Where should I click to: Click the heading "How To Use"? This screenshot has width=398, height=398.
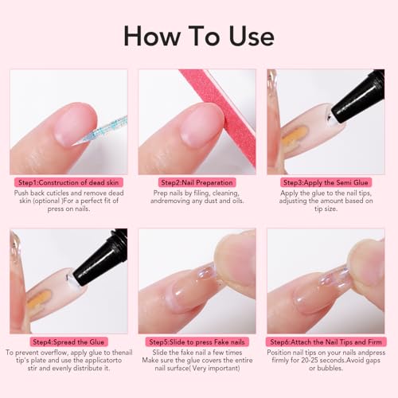198,36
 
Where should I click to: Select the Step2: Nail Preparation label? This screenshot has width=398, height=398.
197,182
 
